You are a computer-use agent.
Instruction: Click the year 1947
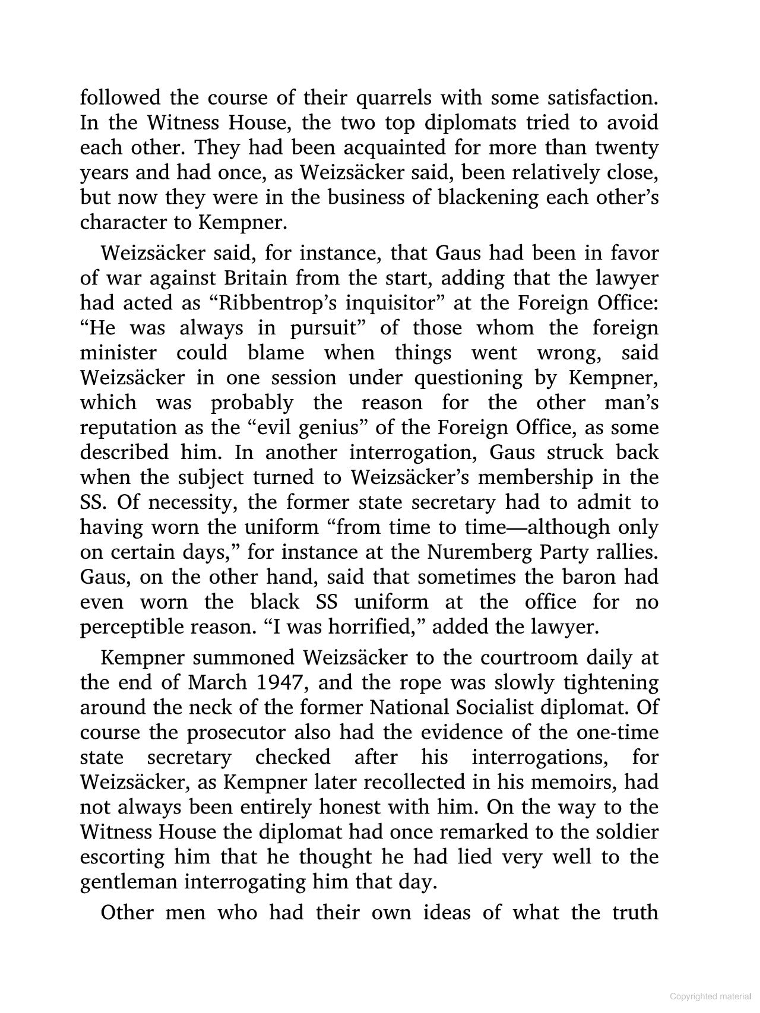tap(281, 683)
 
